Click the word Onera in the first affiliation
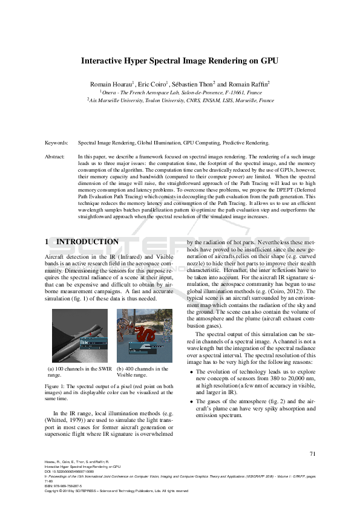tap(111, 92)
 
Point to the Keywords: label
tap(56, 143)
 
